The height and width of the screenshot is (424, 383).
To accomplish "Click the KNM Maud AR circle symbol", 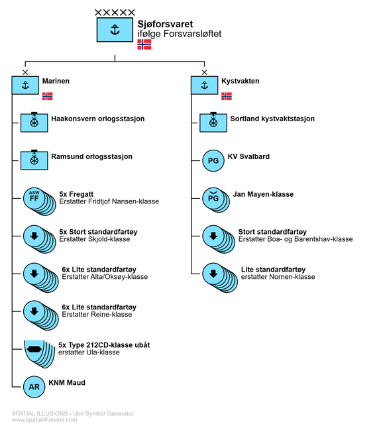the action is click(34, 387).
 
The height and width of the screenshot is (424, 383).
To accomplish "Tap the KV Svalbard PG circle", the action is click(213, 160).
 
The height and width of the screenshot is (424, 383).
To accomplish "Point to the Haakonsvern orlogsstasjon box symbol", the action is click(34, 122).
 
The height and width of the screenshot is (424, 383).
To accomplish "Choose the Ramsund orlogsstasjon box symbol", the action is click(34, 160).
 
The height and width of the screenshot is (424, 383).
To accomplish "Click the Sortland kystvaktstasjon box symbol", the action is click(213, 122).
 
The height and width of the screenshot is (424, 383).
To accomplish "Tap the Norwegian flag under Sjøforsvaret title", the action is click(144, 44).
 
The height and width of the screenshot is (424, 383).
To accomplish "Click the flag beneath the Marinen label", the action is click(47, 96).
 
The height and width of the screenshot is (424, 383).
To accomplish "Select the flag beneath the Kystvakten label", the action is click(227, 96).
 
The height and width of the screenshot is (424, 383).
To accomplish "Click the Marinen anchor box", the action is click(25, 85).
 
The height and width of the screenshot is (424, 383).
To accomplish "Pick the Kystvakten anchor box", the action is click(204, 85).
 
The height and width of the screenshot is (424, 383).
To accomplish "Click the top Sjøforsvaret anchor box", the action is click(115, 30).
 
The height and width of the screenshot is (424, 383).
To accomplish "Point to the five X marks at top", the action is click(115, 13).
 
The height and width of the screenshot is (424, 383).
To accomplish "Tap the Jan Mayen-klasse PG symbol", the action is click(216, 200).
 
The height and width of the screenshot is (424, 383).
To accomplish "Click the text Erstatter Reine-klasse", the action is click(97, 315).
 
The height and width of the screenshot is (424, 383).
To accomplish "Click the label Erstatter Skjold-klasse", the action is click(94, 239).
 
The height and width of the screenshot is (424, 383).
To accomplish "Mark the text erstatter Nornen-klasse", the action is click(278, 277).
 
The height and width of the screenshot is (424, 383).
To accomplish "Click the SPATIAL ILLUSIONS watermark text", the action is click(40, 413).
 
